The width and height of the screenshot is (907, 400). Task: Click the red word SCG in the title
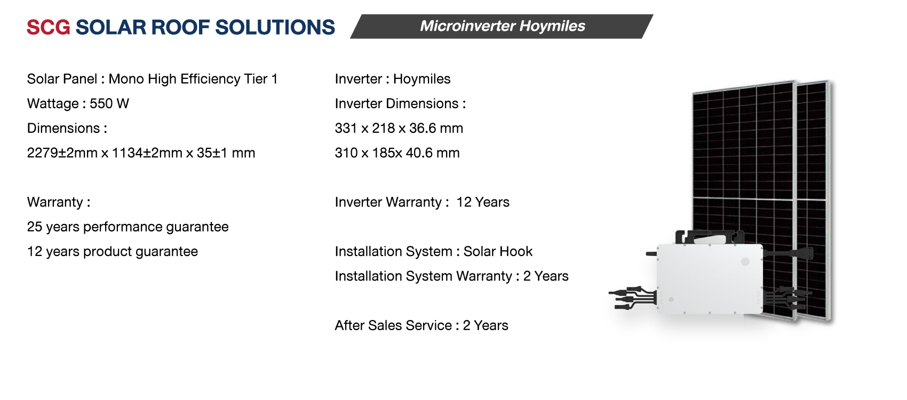click(48, 27)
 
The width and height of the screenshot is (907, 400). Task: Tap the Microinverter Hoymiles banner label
click(502, 26)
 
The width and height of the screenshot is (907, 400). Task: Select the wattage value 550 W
click(109, 103)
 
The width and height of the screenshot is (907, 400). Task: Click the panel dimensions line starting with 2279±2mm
click(141, 153)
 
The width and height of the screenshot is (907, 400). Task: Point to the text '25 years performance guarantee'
click(128, 227)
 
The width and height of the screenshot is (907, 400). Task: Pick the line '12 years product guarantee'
click(112, 252)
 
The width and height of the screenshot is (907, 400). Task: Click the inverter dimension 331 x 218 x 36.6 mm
click(399, 129)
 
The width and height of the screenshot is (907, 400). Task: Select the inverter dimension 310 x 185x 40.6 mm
click(397, 153)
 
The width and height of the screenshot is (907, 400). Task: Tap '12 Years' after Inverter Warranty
click(483, 202)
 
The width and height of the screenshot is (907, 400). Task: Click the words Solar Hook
click(498, 252)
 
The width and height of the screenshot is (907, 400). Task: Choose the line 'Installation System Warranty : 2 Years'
click(451, 276)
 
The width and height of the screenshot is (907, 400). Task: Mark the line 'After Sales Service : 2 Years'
click(421, 325)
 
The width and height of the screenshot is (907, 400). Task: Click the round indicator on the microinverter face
click(745, 261)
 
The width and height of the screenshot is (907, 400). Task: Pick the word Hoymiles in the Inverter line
click(421, 79)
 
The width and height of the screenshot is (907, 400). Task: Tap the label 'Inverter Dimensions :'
click(400, 103)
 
